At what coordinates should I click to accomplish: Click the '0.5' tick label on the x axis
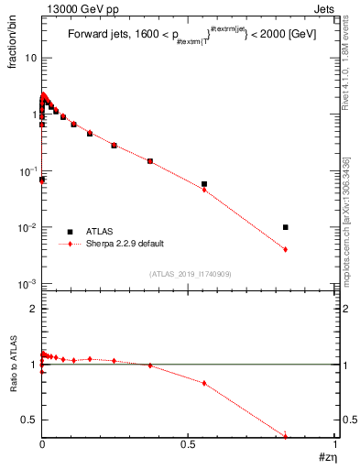pyautogui.click(x=189, y=444)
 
